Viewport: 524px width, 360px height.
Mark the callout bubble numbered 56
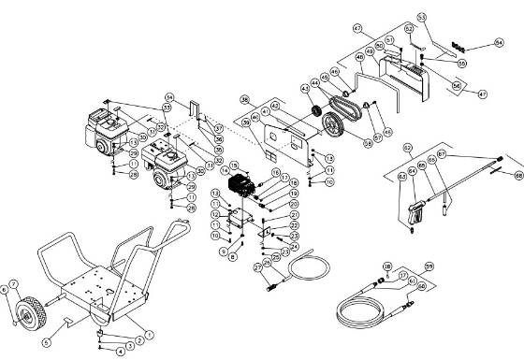click(484, 84)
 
